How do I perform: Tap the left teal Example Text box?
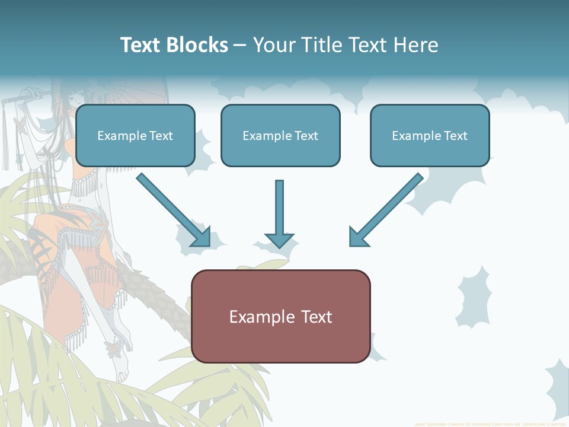coord(135,135)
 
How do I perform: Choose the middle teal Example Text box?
coord(280,135)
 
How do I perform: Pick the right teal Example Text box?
coord(430,135)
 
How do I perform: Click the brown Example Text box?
coord(281,316)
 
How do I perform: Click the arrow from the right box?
coord(386,209)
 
